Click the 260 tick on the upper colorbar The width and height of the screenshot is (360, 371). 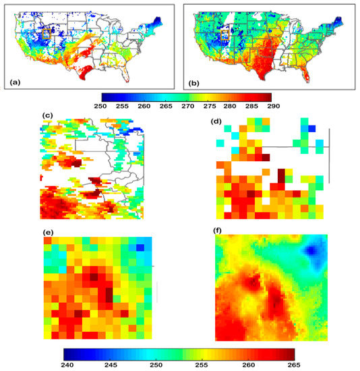[x=143, y=105]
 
